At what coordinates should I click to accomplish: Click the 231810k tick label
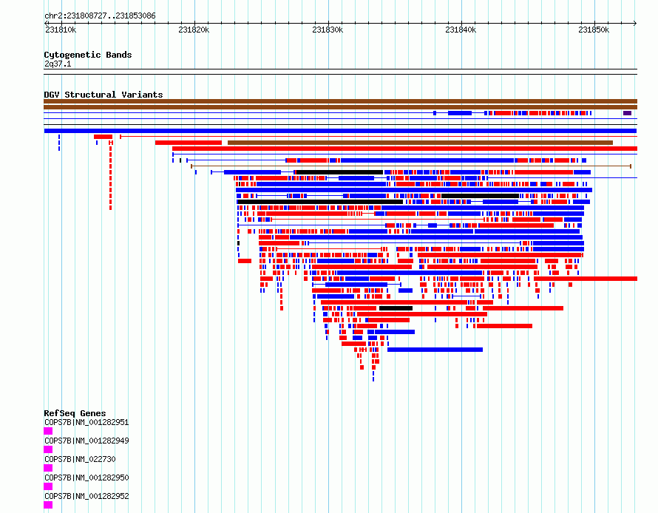(61, 30)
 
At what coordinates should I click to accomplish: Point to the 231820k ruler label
(194, 30)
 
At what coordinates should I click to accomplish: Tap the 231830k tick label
(328, 30)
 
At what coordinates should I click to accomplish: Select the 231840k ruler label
(461, 30)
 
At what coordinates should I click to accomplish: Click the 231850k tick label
(594, 30)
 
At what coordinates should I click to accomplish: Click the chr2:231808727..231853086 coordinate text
(100, 16)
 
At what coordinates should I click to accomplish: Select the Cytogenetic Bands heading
(88, 55)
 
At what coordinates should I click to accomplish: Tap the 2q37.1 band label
(58, 64)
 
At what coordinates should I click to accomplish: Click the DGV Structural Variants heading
(104, 95)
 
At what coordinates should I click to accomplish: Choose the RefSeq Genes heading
(75, 413)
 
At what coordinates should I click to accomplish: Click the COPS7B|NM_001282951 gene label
(87, 422)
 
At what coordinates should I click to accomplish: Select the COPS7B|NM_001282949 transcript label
(87, 441)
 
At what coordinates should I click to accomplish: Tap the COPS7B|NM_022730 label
(80, 459)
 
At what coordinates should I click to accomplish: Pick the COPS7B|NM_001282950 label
(87, 478)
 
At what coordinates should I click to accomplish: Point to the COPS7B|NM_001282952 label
(87, 496)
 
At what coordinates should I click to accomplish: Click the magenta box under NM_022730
(48, 468)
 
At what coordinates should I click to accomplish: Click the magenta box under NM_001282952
(48, 505)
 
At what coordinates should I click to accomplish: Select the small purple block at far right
(627, 113)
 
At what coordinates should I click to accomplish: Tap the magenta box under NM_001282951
(48, 431)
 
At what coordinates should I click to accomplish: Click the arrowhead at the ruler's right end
(635, 23)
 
